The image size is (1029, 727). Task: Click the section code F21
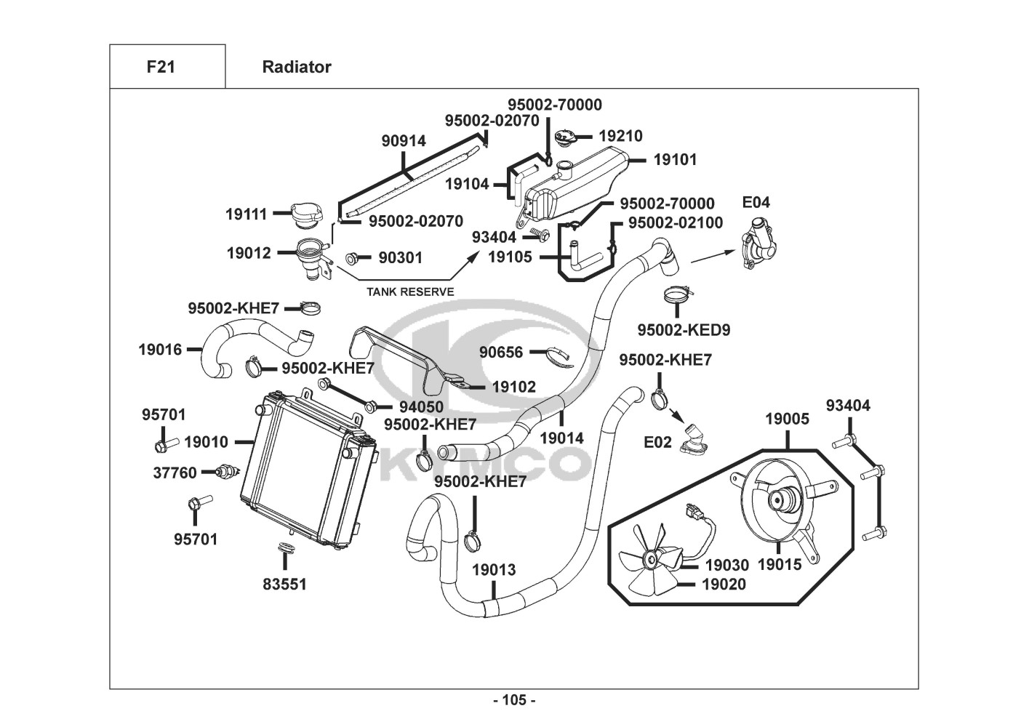(161, 67)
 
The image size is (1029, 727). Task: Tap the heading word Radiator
(296, 67)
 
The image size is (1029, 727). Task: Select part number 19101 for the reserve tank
(675, 159)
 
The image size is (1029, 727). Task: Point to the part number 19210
(620, 136)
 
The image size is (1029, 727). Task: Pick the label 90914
(404, 141)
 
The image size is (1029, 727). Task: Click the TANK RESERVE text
(410, 292)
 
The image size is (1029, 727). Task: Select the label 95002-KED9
(684, 330)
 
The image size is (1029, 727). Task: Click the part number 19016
(160, 350)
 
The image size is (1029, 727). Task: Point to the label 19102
(513, 387)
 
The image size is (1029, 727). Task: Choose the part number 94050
(421, 407)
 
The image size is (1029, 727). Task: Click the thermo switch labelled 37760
(227, 473)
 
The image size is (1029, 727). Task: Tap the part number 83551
(284, 584)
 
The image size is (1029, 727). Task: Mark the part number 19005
(787, 419)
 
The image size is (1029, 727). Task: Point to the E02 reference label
(657, 442)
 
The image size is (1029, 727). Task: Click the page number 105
(513, 701)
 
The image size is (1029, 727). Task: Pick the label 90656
(500, 353)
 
